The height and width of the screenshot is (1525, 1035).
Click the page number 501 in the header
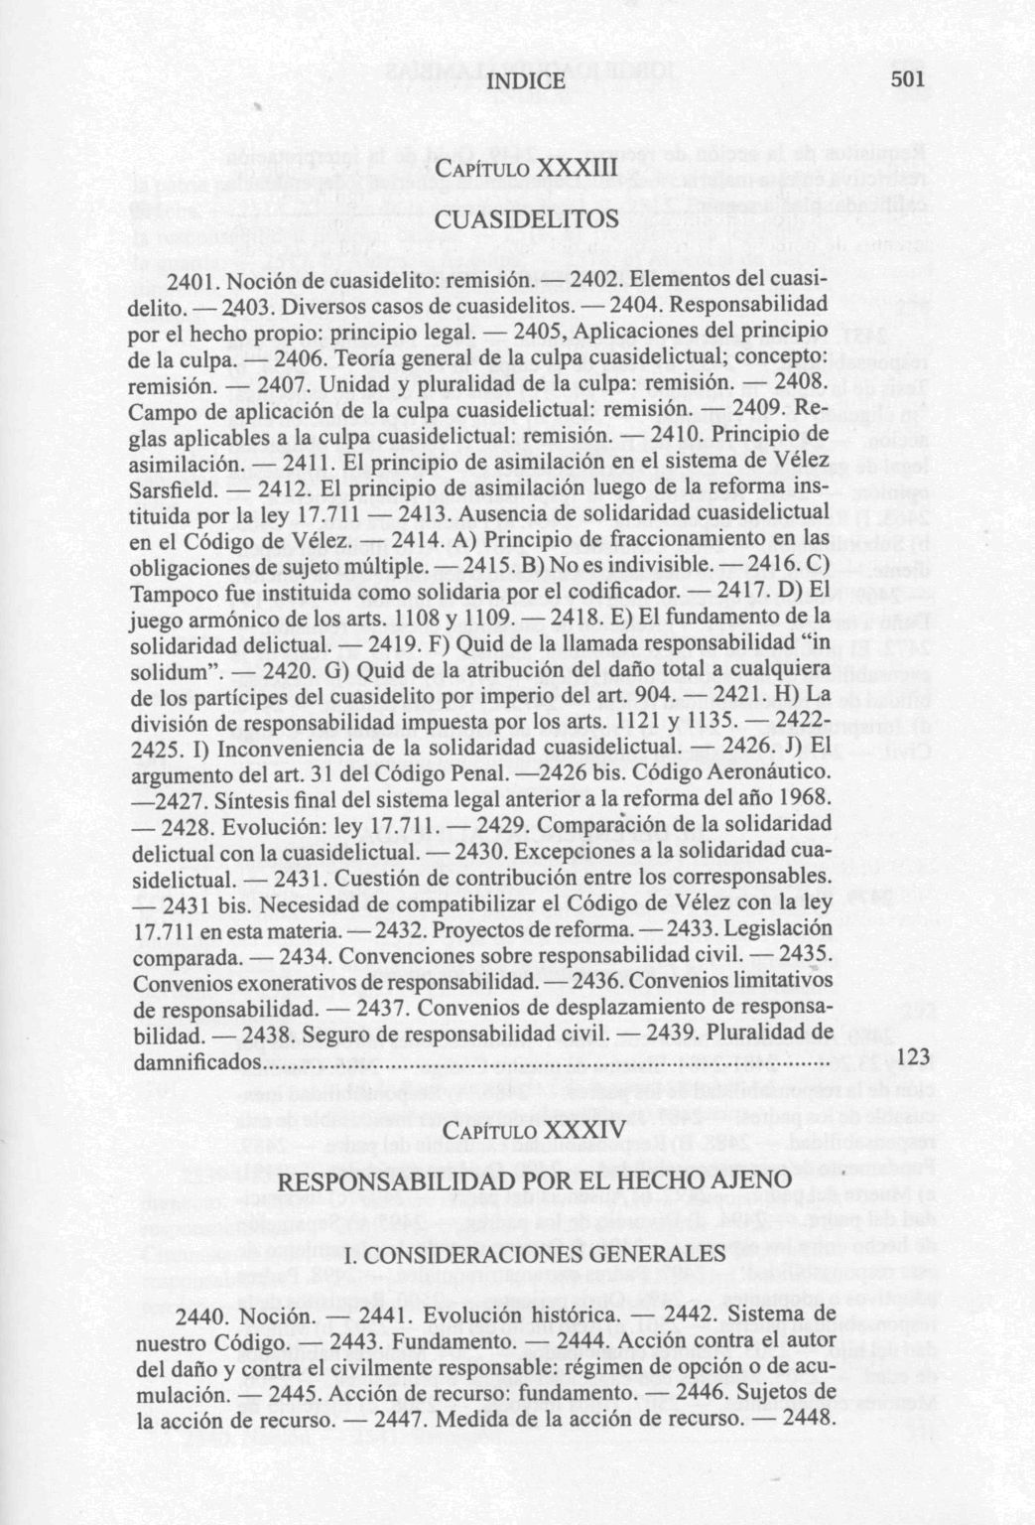tap(908, 79)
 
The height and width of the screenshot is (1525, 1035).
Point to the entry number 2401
tap(193, 281)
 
